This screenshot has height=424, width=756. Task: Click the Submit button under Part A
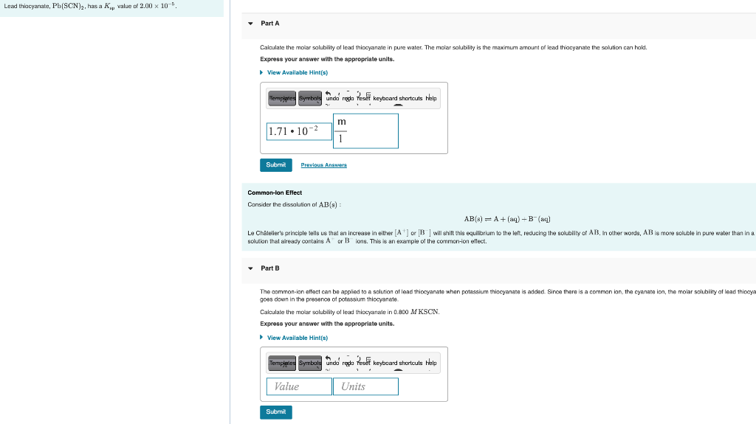coord(275,165)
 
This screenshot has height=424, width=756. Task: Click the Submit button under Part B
coord(275,412)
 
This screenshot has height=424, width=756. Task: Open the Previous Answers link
coord(323,165)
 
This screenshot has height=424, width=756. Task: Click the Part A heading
coord(270,24)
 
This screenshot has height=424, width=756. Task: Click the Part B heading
coord(270,268)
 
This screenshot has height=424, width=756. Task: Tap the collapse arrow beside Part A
coord(250,24)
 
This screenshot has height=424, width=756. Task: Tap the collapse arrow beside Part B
coord(250,268)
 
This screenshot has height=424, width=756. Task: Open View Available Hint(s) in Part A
coord(297,72)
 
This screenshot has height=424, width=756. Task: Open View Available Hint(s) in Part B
coord(297,338)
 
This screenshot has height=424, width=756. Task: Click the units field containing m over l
coord(366,131)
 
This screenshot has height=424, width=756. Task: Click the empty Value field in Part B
coord(299,386)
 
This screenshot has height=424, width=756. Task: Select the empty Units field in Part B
coord(366,386)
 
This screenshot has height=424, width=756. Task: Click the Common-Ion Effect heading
coord(275,192)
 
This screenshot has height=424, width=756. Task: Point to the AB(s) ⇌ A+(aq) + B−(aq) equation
coord(507,219)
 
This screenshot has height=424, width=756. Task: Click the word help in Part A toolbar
coord(431,98)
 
